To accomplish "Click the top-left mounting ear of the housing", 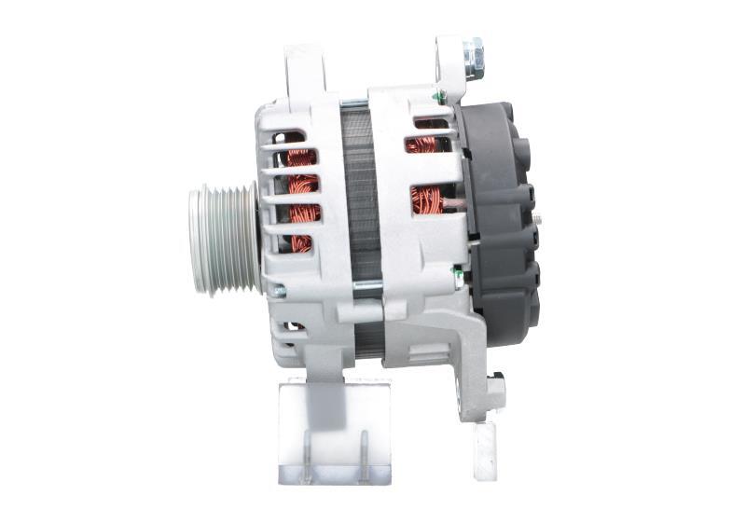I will pyautogui.click(x=305, y=69).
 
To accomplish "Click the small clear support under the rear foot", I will pyautogui.click(x=485, y=449).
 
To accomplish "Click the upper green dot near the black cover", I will pyautogui.click(x=436, y=95).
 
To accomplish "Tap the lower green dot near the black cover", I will pyautogui.click(x=457, y=272).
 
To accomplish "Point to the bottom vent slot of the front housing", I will pyautogui.click(x=292, y=328).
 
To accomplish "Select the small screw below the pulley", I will pyautogui.click(x=277, y=290).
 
